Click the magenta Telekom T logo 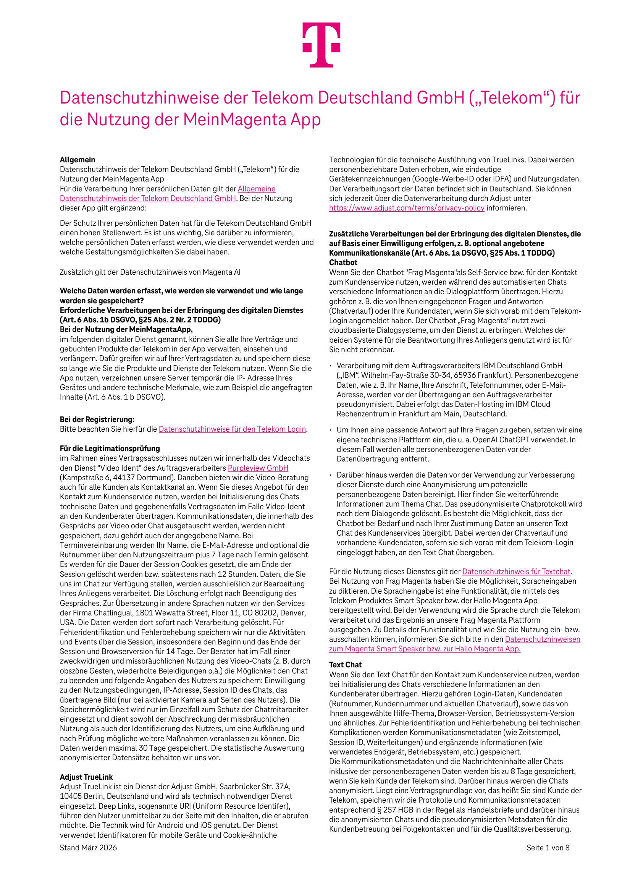point(321,45)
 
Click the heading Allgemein point(77,160)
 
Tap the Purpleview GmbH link point(258,468)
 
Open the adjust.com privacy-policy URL point(407,208)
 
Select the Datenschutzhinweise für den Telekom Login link point(232,429)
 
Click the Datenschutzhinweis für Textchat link point(516,571)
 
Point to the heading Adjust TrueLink point(86,777)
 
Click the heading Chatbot point(343,262)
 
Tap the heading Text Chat point(345,665)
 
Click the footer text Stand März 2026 point(88,848)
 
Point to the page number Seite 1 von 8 point(548,848)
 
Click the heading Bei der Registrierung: point(97,419)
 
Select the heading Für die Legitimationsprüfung point(110,448)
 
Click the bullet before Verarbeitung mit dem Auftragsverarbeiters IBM point(331,366)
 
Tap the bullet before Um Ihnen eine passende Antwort point(331,430)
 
